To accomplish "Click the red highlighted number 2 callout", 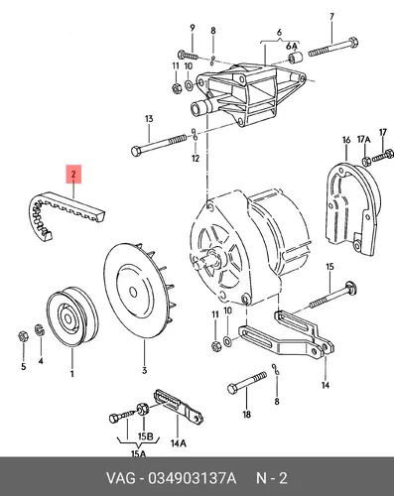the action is click(73, 174).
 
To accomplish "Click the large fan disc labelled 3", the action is click(139, 292).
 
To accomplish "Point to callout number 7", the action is click(331, 17).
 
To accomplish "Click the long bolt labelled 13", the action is click(160, 144).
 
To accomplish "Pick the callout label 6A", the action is click(292, 46).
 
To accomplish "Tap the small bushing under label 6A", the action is click(294, 58).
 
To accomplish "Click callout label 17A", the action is click(363, 140).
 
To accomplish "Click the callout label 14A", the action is click(178, 443).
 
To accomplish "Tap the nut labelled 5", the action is click(23, 336).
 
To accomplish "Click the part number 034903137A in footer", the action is click(193, 478).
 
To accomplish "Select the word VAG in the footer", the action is click(120, 478).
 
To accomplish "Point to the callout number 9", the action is click(193, 29).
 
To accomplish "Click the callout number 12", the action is click(196, 158).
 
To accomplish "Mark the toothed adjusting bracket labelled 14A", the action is click(178, 407).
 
